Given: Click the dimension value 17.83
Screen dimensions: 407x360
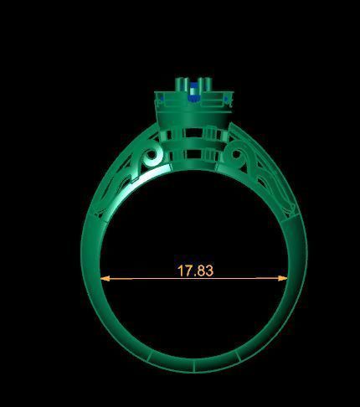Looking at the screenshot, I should point(195,270).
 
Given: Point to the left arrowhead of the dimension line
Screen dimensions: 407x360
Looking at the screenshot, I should point(104,278).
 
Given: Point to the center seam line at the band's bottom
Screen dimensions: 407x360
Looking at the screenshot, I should point(193,366).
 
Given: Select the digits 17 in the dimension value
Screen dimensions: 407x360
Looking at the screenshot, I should point(184,270).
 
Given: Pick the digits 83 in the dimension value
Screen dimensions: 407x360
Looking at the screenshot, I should point(205,270).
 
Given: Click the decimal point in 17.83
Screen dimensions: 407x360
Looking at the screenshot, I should point(194,275).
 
